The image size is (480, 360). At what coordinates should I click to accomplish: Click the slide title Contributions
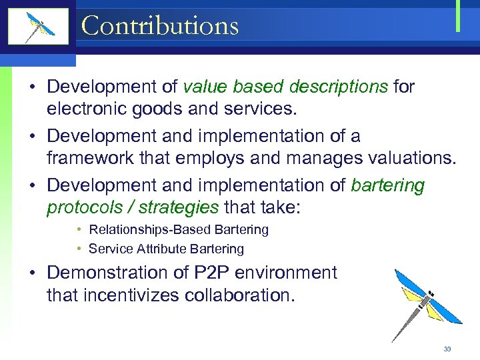(x=159, y=26)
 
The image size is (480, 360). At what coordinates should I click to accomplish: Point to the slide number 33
(x=447, y=349)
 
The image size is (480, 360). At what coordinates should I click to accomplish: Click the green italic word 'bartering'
(x=387, y=185)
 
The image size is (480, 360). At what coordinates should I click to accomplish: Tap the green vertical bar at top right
(x=458, y=16)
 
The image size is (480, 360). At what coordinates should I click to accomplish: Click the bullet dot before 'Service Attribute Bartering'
(x=79, y=249)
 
